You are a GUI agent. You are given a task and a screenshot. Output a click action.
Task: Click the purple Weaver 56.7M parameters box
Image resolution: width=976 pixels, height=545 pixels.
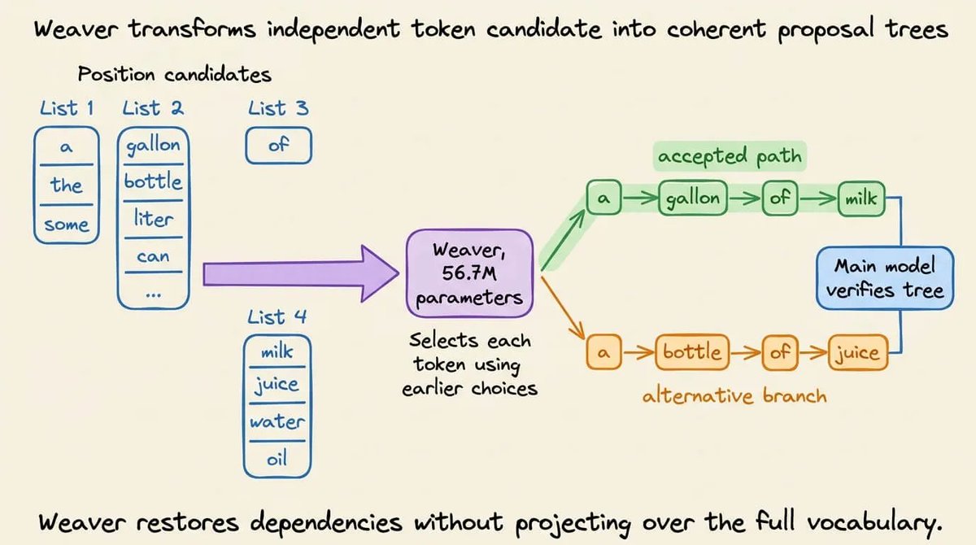(470, 273)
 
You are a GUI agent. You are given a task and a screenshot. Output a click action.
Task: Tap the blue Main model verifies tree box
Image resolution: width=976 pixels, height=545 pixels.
(885, 278)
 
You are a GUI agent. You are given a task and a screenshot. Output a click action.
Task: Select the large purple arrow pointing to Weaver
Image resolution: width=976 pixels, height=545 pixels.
(301, 273)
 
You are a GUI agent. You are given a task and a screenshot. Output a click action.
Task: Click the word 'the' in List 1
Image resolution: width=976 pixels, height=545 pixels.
(66, 185)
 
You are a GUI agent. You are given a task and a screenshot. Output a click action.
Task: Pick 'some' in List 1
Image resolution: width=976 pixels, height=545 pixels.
(66, 225)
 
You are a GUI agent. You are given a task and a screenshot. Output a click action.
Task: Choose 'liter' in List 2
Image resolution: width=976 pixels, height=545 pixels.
(153, 218)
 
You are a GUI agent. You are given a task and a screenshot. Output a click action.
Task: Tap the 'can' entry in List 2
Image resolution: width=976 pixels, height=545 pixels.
(153, 256)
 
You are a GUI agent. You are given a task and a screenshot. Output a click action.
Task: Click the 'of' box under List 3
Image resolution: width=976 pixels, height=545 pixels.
(279, 145)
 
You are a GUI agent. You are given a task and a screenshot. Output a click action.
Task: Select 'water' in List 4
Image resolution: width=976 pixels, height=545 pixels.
(277, 421)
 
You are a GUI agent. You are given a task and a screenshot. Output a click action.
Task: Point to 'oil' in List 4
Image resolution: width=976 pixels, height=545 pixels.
(277, 459)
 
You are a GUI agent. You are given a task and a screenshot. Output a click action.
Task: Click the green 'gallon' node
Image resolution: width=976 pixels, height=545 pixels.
(693, 198)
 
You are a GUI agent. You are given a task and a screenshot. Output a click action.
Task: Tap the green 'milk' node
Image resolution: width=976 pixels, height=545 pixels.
(861, 198)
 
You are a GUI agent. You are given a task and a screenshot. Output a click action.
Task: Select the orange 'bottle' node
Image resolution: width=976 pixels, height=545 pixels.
(692, 352)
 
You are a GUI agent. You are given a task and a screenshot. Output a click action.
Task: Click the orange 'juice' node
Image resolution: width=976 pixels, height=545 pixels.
(857, 352)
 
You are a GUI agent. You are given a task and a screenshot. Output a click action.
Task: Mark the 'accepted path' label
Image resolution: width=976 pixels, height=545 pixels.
(730, 156)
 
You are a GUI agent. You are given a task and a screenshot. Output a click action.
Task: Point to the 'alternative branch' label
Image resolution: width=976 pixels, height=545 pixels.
(734, 395)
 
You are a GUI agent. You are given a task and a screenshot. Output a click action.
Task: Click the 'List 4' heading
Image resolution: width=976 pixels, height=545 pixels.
(277, 317)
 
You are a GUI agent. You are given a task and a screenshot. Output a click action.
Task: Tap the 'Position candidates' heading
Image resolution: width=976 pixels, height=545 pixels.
(175, 74)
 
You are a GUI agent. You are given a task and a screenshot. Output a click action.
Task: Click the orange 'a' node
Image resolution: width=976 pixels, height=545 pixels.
(603, 352)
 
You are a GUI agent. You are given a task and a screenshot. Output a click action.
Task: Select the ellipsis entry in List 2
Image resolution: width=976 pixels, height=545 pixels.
(154, 295)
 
